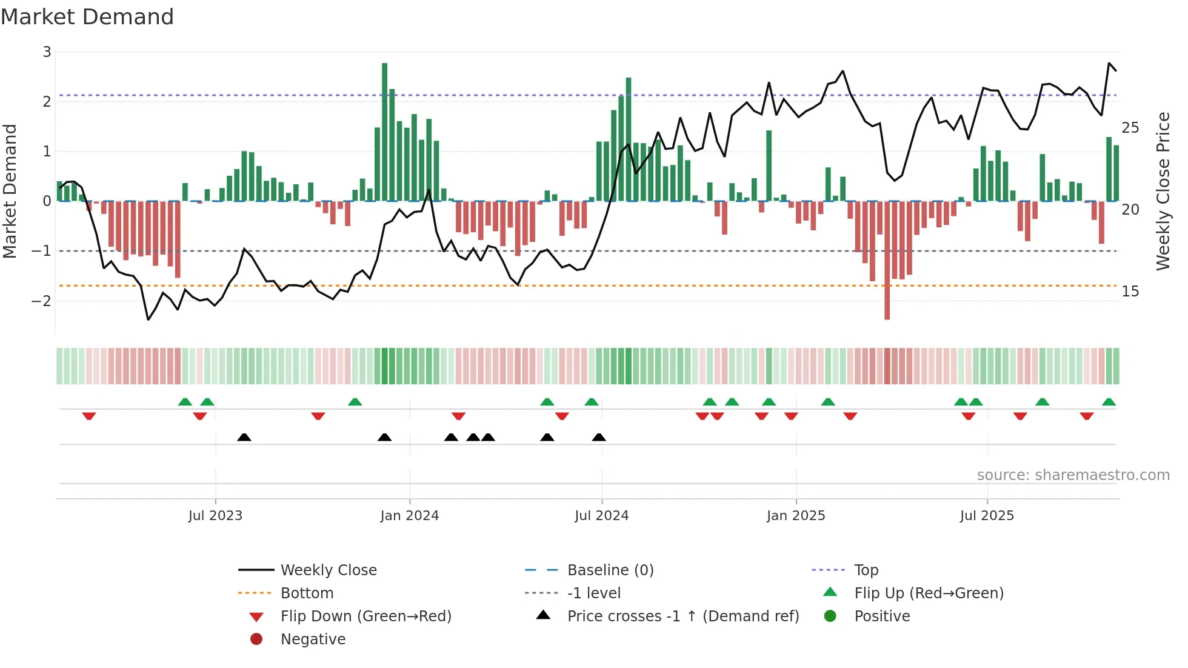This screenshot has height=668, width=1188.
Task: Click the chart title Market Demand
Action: (x=87, y=17)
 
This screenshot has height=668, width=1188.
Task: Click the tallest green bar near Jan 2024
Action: (x=384, y=131)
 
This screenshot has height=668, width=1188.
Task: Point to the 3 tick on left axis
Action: (x=47, y=52)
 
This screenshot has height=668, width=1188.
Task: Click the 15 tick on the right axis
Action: (x=1130, y=292)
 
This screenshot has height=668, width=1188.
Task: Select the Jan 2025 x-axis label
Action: (x=795, y=516)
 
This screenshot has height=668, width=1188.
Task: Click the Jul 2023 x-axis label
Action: (x=215, y=516)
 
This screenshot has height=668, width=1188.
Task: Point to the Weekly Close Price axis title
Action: (x=1163, y=191)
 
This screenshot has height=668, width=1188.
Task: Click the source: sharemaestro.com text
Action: (x=1073, y=475)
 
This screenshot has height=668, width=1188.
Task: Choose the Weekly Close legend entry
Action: (x=328, y=570)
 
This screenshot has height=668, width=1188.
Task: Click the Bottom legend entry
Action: (x=307, y=593)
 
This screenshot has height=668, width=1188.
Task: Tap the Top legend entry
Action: (x=866, y=570)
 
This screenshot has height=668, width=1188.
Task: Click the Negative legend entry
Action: (x=313, y=640)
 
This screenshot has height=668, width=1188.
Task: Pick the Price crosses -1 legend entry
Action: (x=682, y=616)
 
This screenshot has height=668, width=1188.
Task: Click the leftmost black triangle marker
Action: (x=244, y=437)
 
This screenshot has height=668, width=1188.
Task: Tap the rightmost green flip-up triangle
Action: (x=1109, y=402)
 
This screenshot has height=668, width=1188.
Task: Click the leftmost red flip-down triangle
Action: (x=89, y=416)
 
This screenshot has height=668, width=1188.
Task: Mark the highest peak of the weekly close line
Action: (x=1109, y=63)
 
